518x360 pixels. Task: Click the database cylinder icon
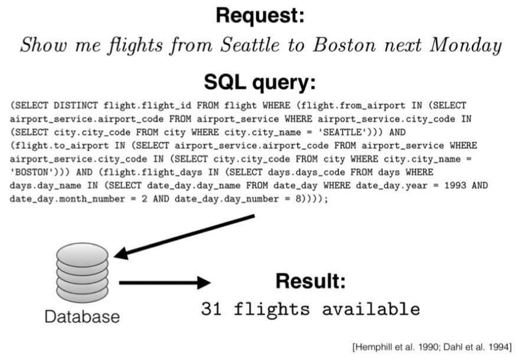(x=82, y=273)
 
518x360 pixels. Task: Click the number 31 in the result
(x=210, y=309)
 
